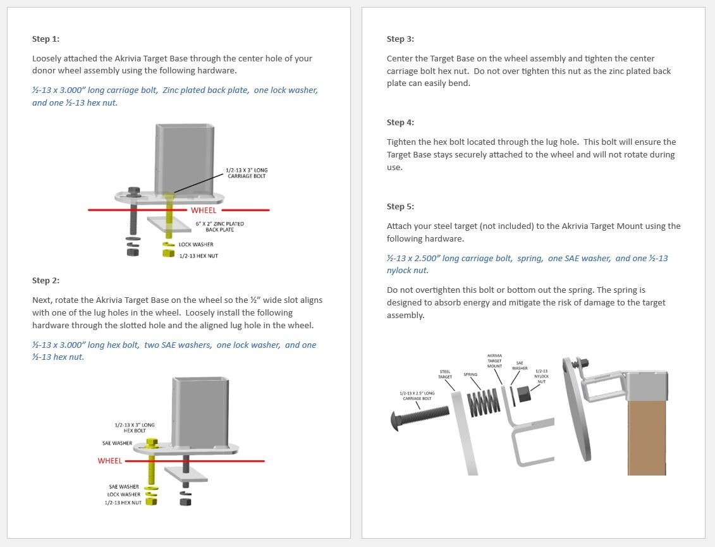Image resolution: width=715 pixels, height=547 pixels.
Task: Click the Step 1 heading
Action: (46, 39)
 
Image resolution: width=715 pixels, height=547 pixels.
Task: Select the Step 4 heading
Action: (400, 123)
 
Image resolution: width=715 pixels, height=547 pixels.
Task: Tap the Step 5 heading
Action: (400, 207)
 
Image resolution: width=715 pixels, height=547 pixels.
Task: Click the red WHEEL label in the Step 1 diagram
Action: (204, 211)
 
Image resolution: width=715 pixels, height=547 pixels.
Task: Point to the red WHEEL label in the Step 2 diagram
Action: (109, 461)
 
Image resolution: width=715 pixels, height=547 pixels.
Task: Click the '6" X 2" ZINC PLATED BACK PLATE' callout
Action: (219, 226)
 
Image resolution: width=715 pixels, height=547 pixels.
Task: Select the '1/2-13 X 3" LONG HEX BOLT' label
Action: (135, 427)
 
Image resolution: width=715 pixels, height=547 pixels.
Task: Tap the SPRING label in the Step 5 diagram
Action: (470, 374)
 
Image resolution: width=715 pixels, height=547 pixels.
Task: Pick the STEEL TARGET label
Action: (445, 374)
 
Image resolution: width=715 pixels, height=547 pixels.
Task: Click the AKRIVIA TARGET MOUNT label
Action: (494, 361)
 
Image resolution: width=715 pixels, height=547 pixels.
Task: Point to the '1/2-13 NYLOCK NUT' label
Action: (541, 376)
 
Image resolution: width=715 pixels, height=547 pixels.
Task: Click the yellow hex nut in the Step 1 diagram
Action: (168, 254)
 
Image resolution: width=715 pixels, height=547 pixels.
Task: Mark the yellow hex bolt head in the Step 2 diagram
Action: (151, 441)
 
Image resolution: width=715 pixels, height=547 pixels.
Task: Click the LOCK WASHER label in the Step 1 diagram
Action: (196, 245)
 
